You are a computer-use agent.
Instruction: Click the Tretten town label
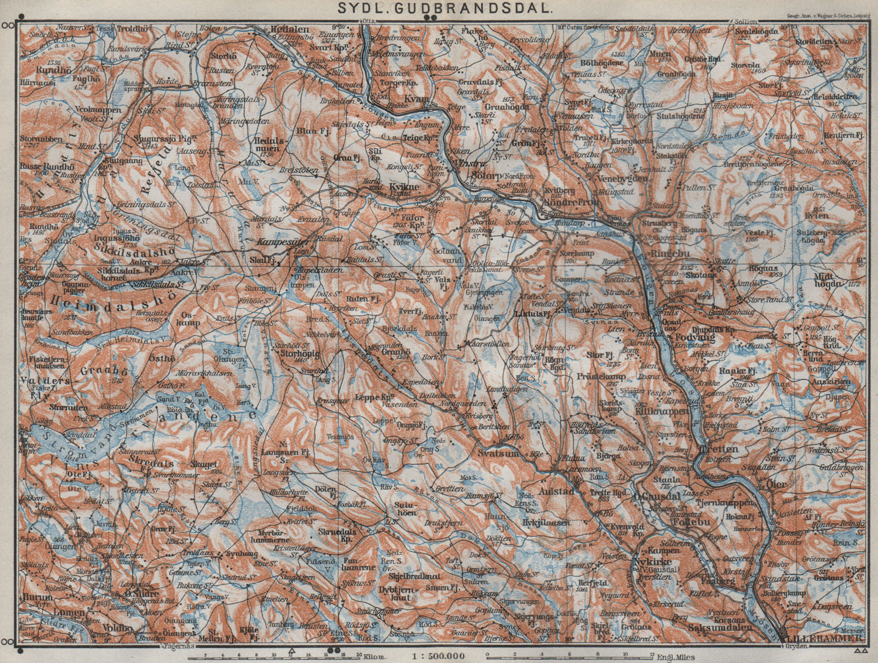(718, 449)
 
